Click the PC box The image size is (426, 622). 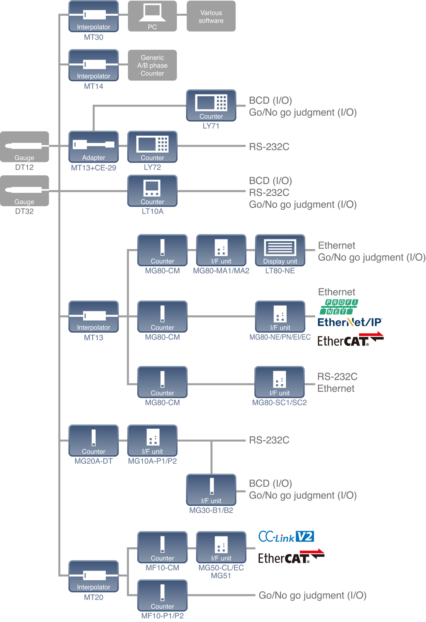152,16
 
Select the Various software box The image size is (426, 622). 211,16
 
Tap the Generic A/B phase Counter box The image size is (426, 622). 152,65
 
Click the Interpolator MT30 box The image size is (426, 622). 94,16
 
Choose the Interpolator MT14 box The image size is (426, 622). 94,65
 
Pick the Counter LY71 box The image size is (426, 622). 211,105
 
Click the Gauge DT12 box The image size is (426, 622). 24,147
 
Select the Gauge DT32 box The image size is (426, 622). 24,191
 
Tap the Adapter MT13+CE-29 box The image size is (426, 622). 94,147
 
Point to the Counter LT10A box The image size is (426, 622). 152,191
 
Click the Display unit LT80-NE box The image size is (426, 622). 280,250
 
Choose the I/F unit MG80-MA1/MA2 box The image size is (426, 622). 221,250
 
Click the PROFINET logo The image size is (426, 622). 339,307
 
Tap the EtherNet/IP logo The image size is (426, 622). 350,322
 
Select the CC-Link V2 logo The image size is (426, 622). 286,536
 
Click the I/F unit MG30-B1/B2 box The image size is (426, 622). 211,490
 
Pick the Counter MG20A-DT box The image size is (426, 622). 94,440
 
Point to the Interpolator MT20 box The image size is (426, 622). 94,576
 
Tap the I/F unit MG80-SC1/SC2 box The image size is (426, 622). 279,382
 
